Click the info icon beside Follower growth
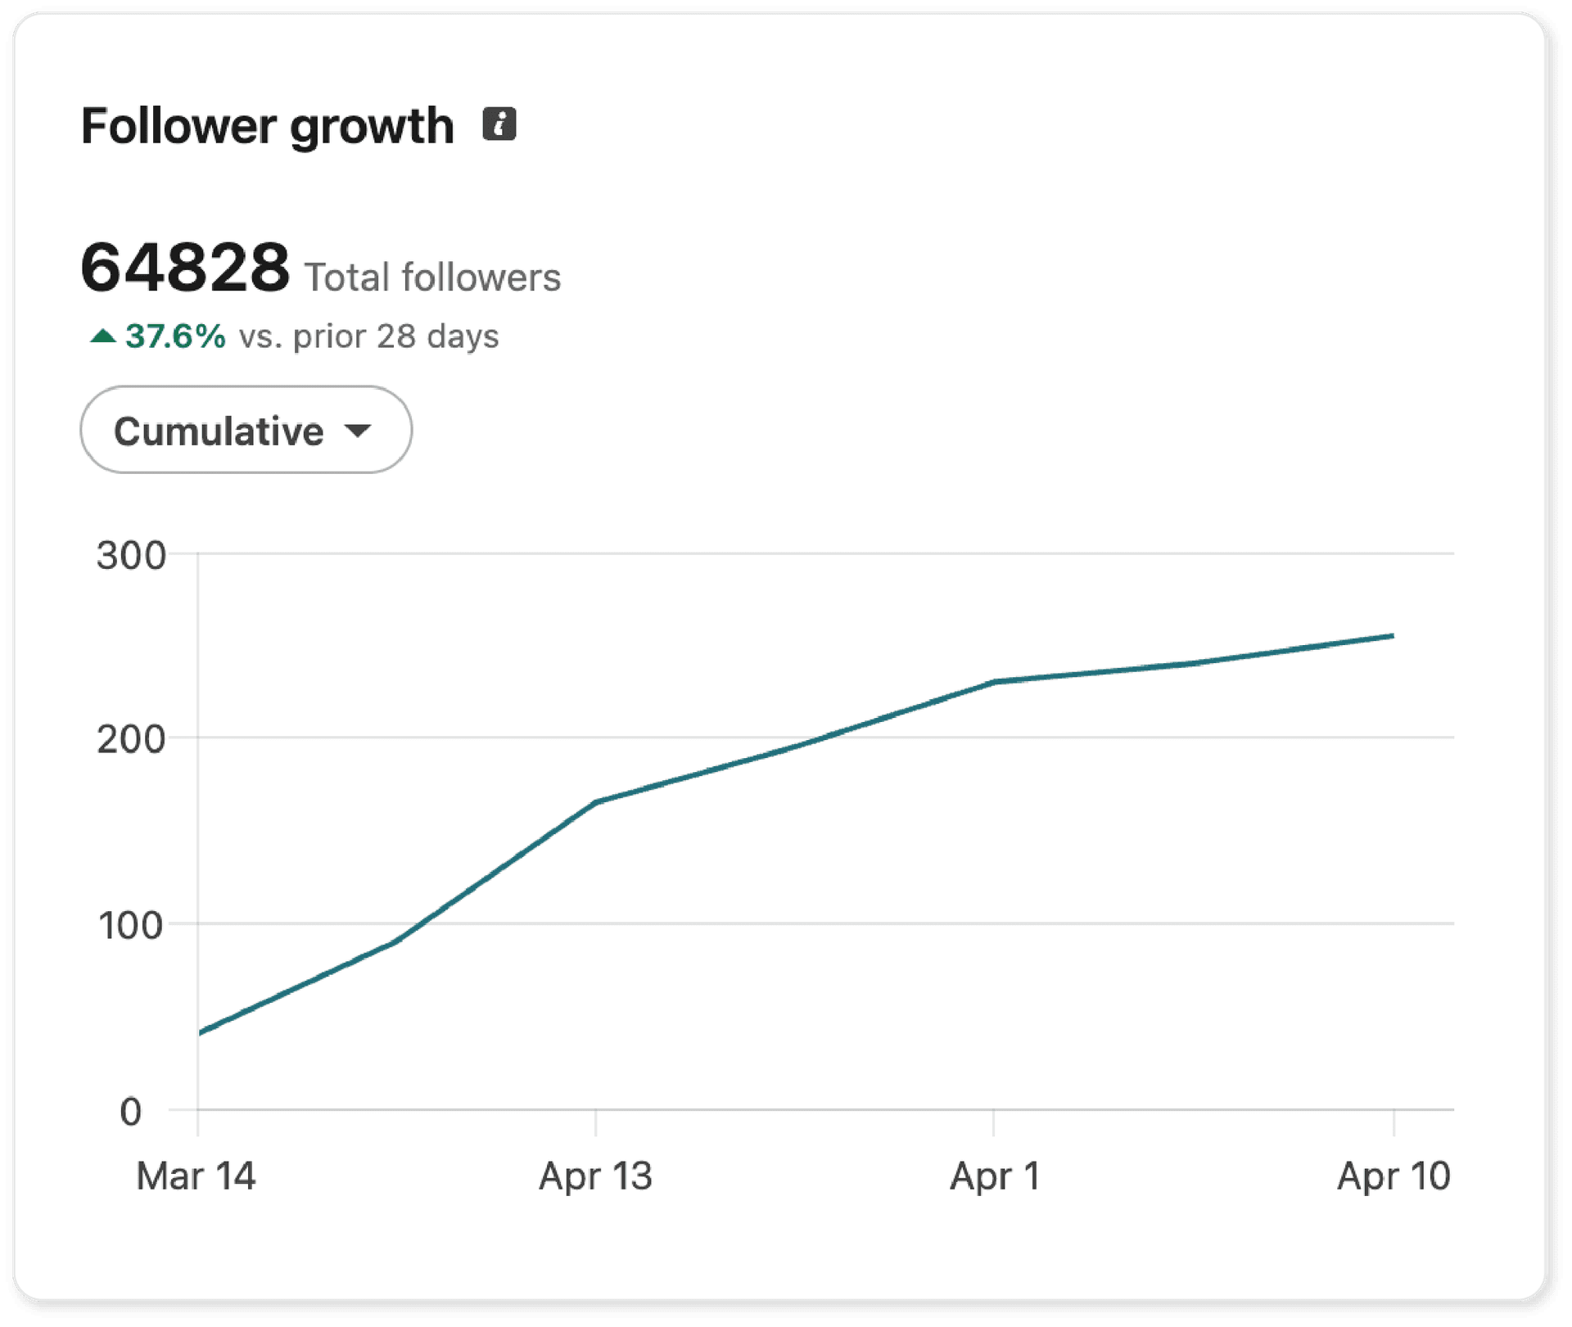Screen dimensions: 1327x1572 pos(499,124)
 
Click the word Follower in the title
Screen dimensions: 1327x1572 pos(178,126)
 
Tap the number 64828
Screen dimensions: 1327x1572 pos(185,268)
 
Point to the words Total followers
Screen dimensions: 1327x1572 pos(432,278)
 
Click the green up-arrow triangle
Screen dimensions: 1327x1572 pos(102,336)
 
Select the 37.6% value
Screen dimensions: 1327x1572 pos(175,336)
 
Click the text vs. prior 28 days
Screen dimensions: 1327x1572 pos(368,336)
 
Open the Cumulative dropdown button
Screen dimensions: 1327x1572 pos(246,430)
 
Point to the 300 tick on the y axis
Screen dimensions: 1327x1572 pos(131,556)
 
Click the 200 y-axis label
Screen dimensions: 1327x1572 pos(131,740)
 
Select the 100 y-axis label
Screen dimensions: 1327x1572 pos(131,926)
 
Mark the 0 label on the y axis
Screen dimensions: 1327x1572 pos(131,1113)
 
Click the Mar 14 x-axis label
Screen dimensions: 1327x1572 pos(196,1176)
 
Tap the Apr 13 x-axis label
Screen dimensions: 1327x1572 pos(595,1176)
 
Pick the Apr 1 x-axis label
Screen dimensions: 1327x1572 pos(994,1176)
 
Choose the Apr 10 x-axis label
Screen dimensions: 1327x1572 pos(1394,1176)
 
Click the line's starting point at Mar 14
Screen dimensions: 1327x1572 pos(201,1033)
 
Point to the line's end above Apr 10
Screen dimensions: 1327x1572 pos(1392,636)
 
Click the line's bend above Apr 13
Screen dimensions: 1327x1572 pos(596,801)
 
